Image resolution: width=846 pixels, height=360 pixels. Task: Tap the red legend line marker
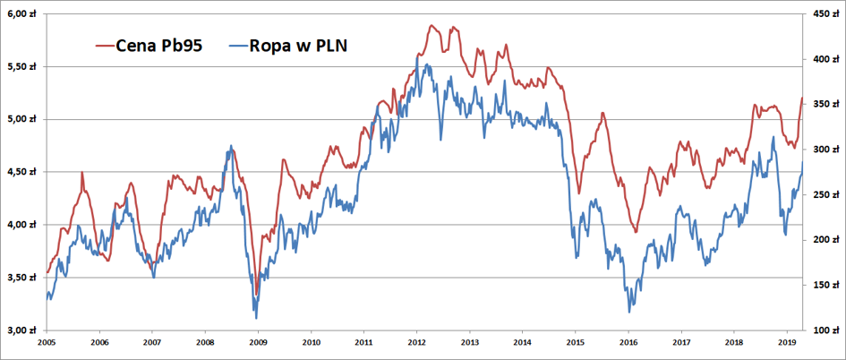tap(106, 47)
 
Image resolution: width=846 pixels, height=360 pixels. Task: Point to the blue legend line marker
tap(239, 47)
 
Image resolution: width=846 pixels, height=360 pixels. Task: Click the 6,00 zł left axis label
tap(21, 14)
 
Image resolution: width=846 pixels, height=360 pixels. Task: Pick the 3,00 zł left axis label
tap(21, 330)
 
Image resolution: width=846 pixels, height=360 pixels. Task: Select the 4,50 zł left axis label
tap(21, 172)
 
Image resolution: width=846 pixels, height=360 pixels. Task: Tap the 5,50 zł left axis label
tap(21, 67)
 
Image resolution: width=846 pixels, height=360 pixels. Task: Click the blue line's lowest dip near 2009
tap(256, 319)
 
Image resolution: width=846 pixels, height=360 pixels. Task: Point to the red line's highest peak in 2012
tap(432, 25)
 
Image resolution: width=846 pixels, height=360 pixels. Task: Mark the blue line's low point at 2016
tap(629, 312)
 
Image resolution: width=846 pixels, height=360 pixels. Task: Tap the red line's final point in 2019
tap(802, 98)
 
